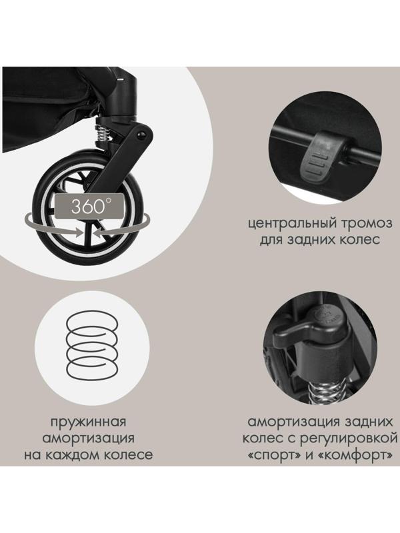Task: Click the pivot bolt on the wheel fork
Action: coord(142,135)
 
